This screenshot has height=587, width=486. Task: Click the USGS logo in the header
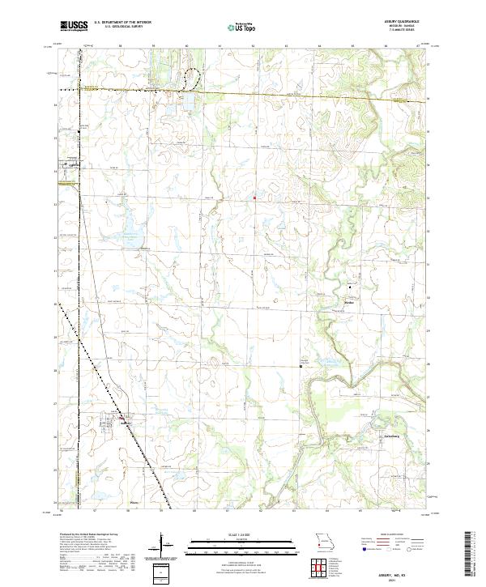pyautogui.click(x=74, y=26)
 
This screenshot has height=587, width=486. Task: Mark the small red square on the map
pyautogui.click(x=254, y=197)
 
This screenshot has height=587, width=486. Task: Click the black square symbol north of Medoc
pyautogui.click(x=351, y=287)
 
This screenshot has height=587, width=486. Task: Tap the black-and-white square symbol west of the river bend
pyautogui.click(x=301, y=366)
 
